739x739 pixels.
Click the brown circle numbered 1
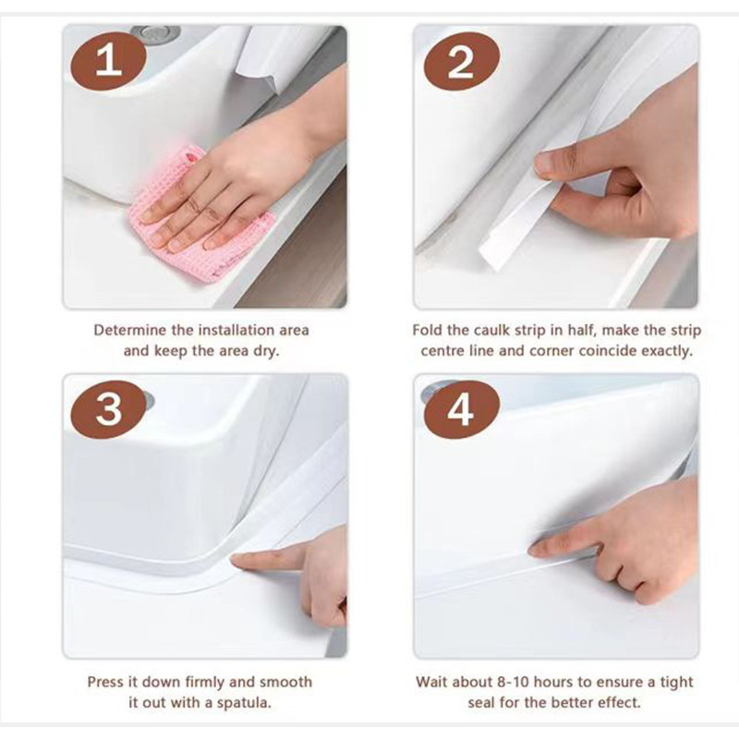click(108, 60)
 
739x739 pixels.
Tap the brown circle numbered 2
click(461, 62)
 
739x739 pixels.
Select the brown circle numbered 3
click(108, 409)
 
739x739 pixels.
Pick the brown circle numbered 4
click(461, 409)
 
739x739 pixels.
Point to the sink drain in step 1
click(155, 32)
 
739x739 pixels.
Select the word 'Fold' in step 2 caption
click(427, 330)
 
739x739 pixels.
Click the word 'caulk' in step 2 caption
click(491, 330)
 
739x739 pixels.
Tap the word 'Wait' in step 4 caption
click(431, 682)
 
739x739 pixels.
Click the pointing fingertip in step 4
click(535, 548)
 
